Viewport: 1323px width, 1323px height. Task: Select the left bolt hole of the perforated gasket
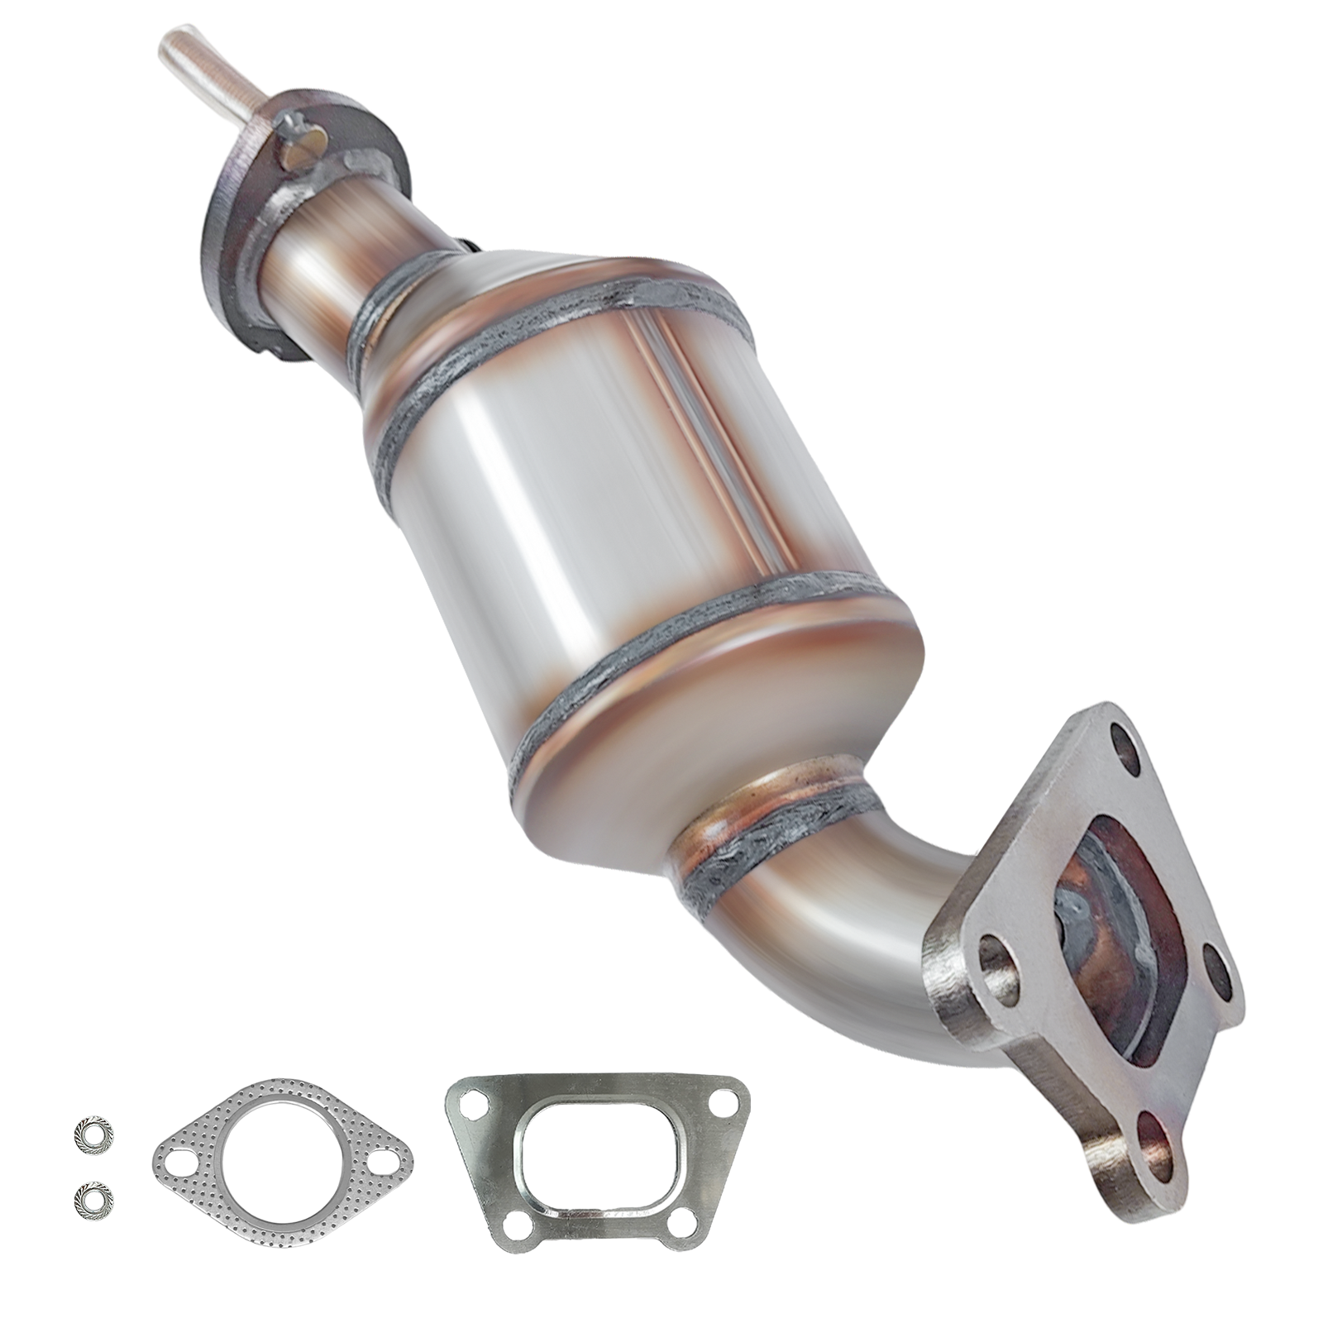(x=180, y=1168)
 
